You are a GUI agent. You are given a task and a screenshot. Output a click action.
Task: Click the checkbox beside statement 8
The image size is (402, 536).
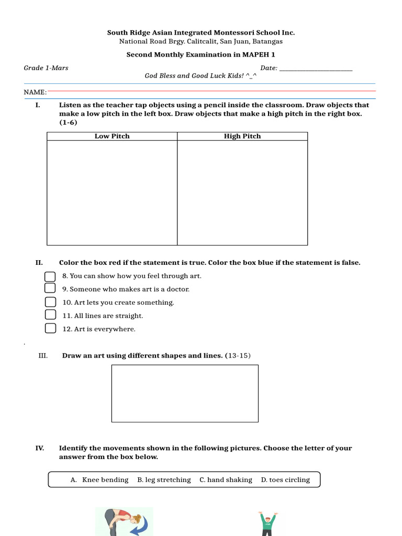coord(50,276)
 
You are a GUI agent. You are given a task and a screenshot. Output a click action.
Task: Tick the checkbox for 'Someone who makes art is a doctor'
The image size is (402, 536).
coord(50,288)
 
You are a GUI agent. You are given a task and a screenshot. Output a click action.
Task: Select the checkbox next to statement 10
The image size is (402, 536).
coord(50,302)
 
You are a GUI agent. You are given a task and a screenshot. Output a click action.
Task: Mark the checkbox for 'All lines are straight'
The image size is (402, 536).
coord(50,315)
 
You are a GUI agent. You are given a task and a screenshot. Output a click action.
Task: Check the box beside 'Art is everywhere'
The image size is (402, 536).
coord(50,328)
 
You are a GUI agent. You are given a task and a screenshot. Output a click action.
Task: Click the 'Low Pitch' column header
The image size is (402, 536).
coord(112,136)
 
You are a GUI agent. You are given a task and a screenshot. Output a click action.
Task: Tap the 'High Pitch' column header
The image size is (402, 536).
coord(242,136)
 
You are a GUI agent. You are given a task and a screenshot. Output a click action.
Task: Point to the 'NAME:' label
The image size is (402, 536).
coord(35,92)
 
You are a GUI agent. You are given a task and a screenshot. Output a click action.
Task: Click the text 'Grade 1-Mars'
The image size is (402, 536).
coord(46,68)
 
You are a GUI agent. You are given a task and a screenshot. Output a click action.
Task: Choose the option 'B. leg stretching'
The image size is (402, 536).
coord(164,480)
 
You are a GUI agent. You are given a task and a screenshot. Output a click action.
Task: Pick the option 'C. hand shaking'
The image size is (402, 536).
coord(226,480)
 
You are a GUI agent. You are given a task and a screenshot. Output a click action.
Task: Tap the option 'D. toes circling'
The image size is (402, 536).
coord(285,480)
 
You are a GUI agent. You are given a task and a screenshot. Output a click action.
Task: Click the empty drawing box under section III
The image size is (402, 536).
coord(185,393)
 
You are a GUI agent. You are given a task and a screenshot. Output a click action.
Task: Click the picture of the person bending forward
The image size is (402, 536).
coord(125,521)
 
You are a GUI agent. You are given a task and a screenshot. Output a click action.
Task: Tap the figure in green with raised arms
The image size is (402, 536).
coord(267,523)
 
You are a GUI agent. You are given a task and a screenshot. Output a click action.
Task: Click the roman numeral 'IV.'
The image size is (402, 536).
coord(40,448)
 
